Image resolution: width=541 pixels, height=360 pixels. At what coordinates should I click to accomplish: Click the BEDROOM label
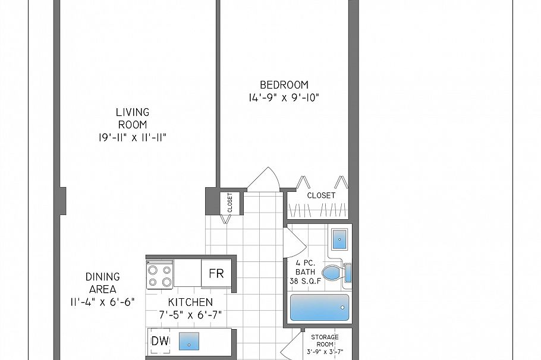tap(284, 85)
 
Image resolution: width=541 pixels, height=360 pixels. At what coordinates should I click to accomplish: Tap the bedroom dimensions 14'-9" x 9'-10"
tap(284, 97)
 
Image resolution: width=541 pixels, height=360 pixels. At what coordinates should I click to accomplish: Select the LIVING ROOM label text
tap(133, 118)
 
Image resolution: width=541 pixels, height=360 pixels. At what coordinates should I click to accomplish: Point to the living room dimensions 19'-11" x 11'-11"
tap(133, 138)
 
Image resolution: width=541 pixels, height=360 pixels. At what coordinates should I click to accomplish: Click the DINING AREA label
tap(102, 283)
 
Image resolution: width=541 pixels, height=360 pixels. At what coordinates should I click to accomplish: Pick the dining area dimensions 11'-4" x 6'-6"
tap(102, 302)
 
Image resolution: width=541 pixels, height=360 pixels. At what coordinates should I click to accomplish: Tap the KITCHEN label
tap(190, 302)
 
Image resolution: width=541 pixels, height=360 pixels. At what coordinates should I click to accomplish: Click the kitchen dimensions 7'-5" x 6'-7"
tap(190, 315)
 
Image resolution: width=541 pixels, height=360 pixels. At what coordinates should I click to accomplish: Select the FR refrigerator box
tap(216, 273)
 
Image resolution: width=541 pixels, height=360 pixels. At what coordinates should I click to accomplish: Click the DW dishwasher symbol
tap(160, 341)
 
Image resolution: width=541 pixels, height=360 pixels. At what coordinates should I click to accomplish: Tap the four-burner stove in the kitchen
tap(160, 274)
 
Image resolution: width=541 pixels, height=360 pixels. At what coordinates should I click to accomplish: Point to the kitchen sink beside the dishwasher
tap(188, 341)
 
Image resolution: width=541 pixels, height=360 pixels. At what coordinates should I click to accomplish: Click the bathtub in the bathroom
tap(319, 307)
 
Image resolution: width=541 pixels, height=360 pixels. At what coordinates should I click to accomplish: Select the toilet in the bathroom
tap(336, 273)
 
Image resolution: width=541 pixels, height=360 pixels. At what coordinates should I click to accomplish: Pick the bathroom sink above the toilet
tap(339, 239)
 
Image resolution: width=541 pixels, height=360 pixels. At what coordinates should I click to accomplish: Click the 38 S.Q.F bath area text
tap(306, 281)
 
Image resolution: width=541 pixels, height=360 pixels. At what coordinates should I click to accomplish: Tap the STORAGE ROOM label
tap(325, 340)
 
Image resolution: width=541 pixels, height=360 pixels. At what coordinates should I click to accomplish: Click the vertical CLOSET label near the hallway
tap(230, 203)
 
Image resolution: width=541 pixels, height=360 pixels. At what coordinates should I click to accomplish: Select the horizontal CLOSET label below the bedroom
tap(321, 195)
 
